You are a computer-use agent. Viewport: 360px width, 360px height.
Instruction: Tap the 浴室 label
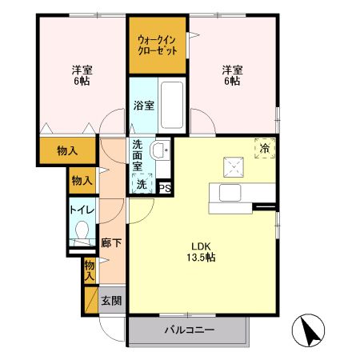click(x=143, y=105)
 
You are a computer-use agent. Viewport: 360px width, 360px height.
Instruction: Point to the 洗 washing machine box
click(x=142, y=185)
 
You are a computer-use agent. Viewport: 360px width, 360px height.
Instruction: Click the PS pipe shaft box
click(x=165, y=189)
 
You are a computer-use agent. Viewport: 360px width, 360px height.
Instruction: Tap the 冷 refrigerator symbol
click(x=263, y=148)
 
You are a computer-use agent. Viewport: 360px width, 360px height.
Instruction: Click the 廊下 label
click(x=111, y=242)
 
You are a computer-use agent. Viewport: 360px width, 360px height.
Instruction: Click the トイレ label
click(x=82, y=210)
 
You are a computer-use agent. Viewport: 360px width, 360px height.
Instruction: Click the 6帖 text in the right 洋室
click(x=232, y=81)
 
